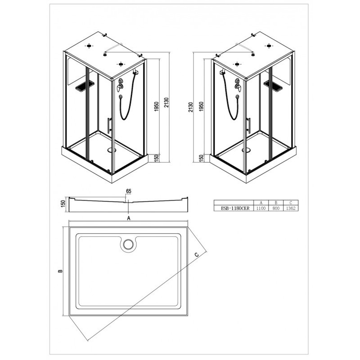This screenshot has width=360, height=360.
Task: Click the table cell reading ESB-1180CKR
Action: [x=233, y=208]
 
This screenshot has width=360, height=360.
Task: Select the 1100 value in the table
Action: [x=261, y=208]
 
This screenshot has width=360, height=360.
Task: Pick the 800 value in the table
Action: [x=276, y=208]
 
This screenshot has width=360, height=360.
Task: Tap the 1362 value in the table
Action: [x=291, y=208]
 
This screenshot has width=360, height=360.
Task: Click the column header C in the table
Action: [x=291, y=203]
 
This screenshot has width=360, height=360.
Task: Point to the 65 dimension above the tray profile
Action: [x=129, y=191]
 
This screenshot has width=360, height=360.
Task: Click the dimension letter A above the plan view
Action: [x=129, y=218]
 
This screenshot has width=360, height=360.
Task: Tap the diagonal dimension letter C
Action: [x=197, y=254]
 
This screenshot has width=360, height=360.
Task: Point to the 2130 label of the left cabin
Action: [x=166, y=104]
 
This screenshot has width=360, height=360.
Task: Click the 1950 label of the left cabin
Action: [x=156, y=106]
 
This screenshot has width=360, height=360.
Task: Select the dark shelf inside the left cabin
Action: [x=84, y=86]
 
